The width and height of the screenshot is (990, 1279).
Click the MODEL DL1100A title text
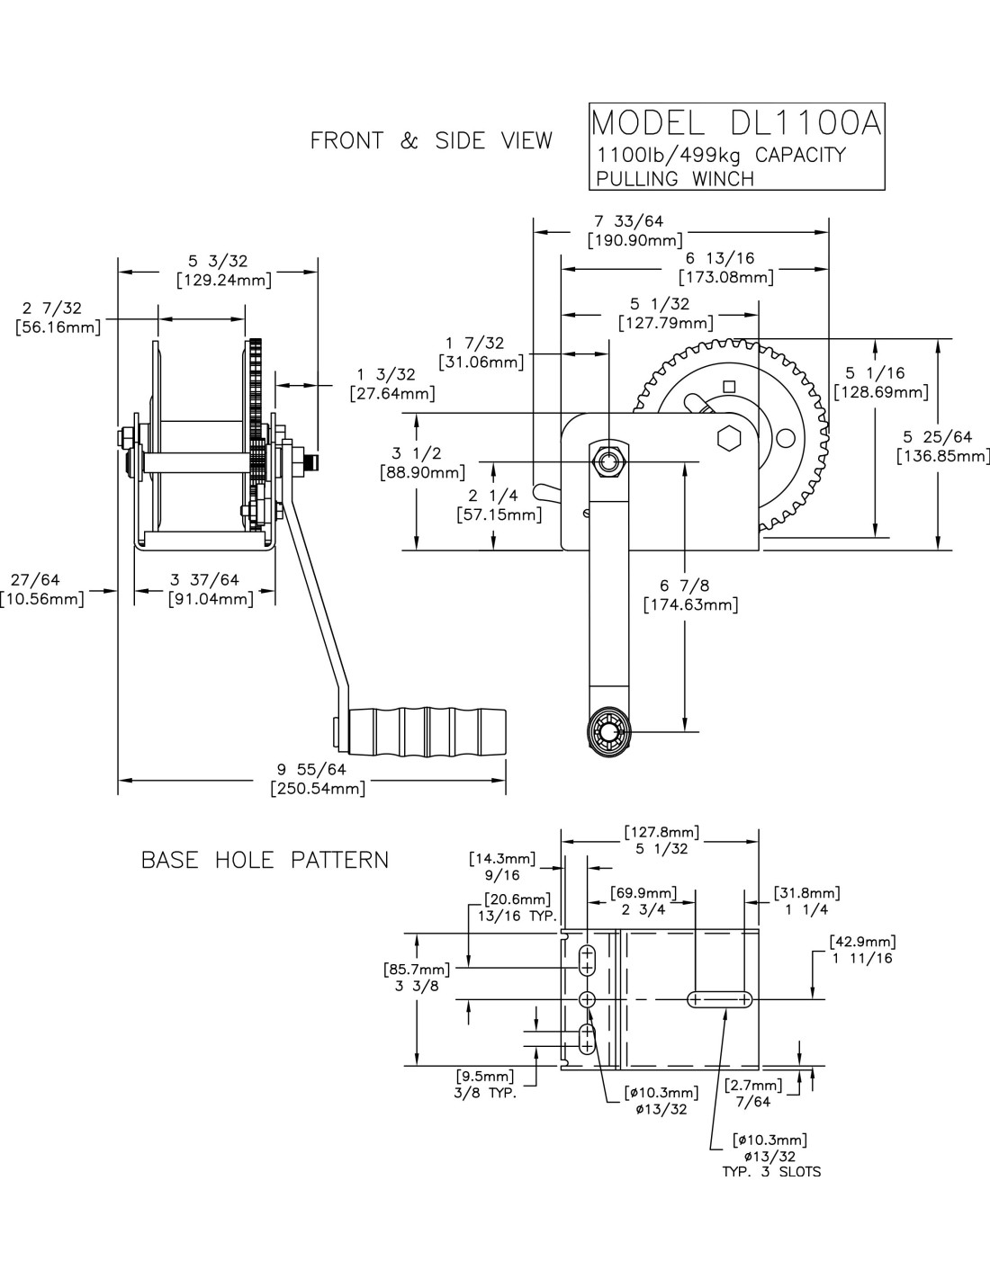tap(734, 123)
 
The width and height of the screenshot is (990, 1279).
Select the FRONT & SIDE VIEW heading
tap(431, 141)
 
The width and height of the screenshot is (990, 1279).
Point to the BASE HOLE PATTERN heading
tap(265, 860)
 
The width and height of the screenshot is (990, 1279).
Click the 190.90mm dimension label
tap(634, 241)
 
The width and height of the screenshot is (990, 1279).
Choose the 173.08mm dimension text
tap(725, 277)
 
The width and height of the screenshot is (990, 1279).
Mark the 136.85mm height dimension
tap(942, 456)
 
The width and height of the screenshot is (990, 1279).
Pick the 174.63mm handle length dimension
tap(690, 604)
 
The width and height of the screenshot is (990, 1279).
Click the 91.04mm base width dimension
tap(211, 599)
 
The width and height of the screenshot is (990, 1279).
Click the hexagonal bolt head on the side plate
tap(729, 438)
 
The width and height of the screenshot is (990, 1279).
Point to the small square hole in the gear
tap(729, 387)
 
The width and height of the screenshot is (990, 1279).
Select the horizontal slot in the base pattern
tap(719, 999)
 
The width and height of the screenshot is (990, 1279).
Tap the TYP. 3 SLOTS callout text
tap(771, 1172)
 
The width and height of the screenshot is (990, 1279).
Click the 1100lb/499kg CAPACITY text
tap(722, 156)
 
